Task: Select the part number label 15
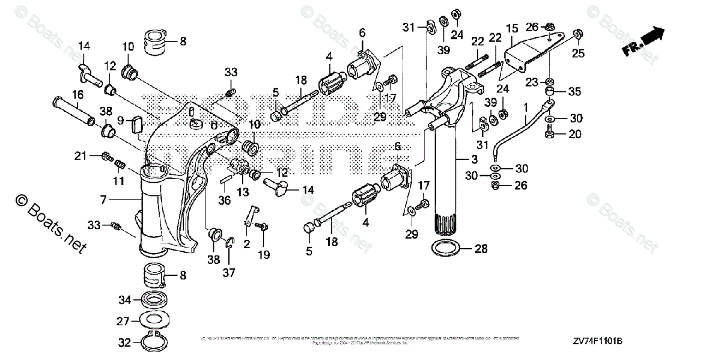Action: (x=512, y=28)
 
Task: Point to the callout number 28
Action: (x=481, y=248)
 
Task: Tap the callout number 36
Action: (x=224, y=201)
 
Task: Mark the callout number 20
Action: (x=575, y=134)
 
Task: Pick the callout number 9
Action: (x=120, y=120)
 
